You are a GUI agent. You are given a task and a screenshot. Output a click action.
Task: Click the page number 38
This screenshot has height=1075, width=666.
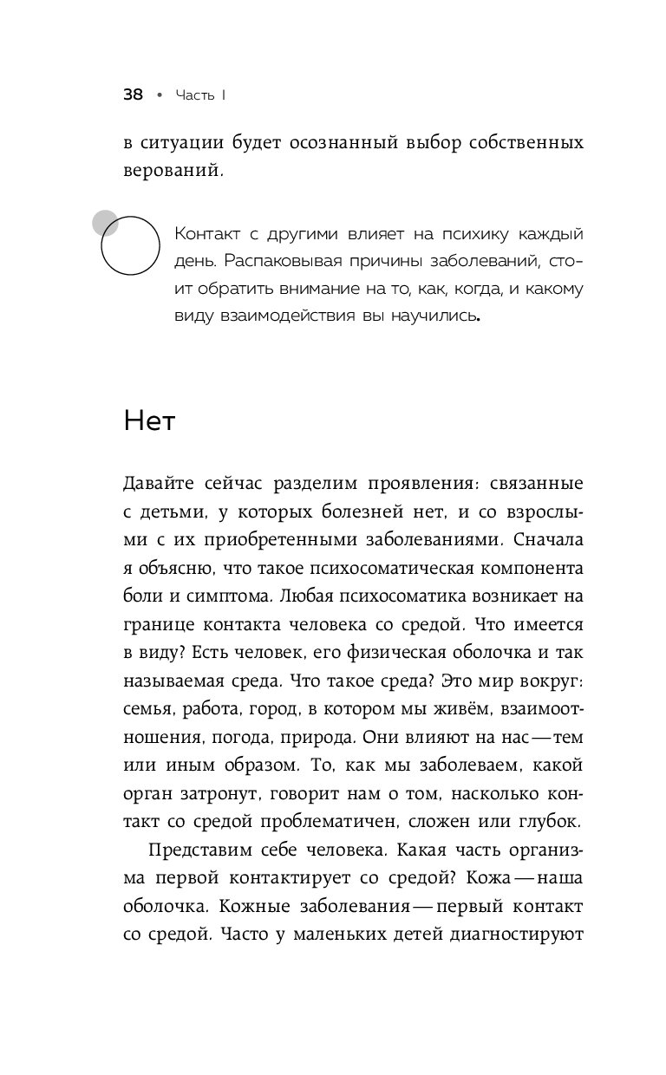pos(133,94)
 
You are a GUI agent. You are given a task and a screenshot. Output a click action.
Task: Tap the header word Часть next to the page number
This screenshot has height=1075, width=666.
pos(193,94)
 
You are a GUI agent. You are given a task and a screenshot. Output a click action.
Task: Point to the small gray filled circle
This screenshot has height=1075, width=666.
pos(106,222)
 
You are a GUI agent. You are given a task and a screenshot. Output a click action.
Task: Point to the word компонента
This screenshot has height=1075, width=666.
pos(526,570)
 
